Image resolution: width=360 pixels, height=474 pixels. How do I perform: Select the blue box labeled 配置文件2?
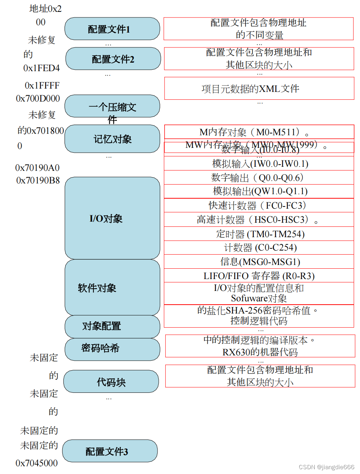click(113, 59)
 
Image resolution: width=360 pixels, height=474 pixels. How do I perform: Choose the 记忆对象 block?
click(112, 139)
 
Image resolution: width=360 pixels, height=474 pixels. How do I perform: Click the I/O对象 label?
click(106, 219)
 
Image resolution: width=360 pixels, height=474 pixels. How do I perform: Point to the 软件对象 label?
click(97, 288)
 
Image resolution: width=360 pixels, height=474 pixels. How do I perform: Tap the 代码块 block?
click(111, 382)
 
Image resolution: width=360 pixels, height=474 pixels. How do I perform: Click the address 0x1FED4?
click(42, 68)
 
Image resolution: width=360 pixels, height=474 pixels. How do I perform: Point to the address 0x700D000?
click(38, 99)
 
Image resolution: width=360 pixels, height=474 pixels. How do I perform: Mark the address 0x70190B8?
click(38, 180)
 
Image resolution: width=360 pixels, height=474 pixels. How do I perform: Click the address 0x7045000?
click(37, 463)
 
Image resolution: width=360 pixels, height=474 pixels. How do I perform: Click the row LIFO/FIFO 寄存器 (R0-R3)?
click(259, 276)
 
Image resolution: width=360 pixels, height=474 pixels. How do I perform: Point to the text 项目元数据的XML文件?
click(251, 89)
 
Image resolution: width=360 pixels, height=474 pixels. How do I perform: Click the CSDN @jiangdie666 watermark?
click(326, 467)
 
